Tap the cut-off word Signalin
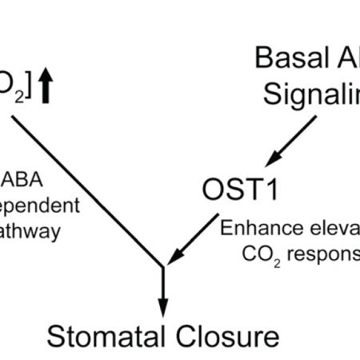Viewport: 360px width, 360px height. click(x=313, y=98)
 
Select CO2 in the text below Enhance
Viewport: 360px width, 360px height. click(x=258, y=255)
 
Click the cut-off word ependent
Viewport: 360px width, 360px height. click(x=40, y=205)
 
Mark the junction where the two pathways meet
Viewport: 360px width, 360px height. click(x=164, y=267)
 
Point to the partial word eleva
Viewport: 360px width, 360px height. click(x=331, y=227)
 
